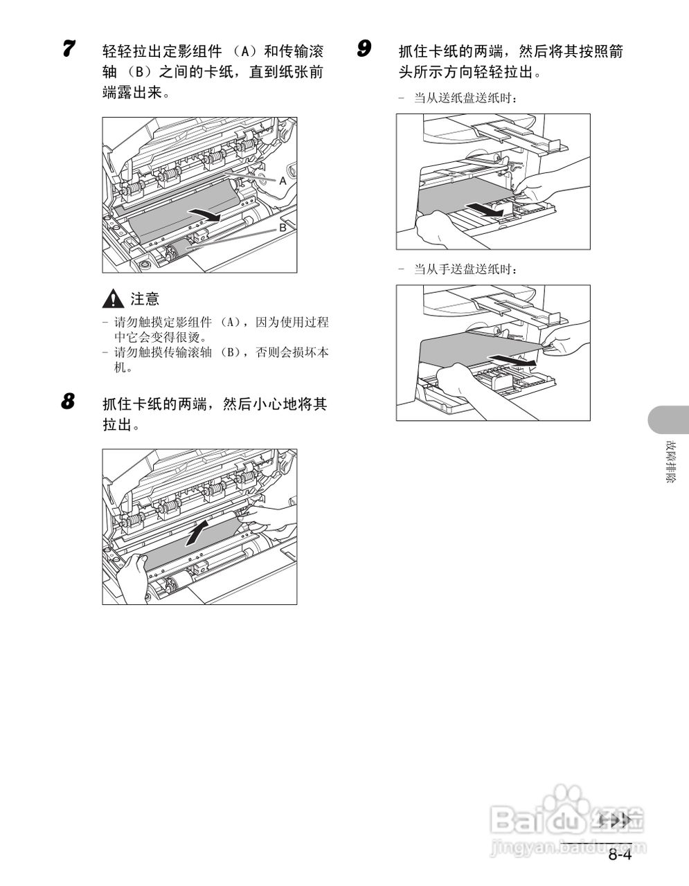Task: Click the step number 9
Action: pyautogui.click(x=364, y=49)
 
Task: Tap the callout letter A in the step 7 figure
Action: pyautogui.click(x=283, y=181)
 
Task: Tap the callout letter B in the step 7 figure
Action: pyautogui.click(x=283, y=228)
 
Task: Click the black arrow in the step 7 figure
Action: pyautogui.click(x=206, y=215)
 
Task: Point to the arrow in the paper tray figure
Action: pyautogui.click(x=483, y=208)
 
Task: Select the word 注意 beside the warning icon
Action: pyautogui.click(x=145, y=299)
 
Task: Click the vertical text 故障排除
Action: pyautogui.click(x=670, y=462)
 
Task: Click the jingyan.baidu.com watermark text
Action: pyautogui.click(x=567, y=846)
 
